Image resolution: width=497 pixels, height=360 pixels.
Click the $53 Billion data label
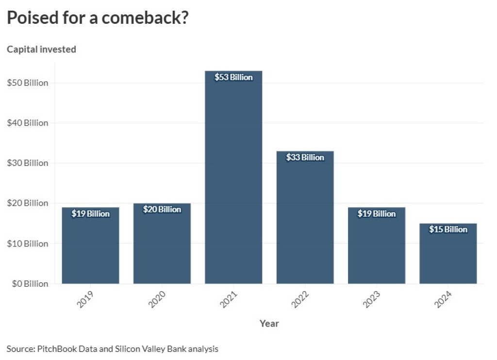click(233, 77)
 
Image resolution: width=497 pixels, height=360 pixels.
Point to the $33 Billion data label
click(305, 157)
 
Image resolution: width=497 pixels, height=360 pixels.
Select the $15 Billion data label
click(448, 229)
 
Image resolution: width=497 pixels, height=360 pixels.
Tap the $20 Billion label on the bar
click(162, 210)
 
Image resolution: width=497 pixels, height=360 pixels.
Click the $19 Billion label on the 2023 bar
click(377, 213)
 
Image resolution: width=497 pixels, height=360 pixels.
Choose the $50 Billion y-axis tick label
click(28, 83)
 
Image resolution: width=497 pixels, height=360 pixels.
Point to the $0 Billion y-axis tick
click(28, 283)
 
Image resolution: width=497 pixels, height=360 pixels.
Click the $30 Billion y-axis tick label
click(28, 163)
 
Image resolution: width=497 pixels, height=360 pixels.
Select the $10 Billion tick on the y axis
click(28, 244)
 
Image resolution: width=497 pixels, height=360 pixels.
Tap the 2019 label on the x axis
click(85, 300)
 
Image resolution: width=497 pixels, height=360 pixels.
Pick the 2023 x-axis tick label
click(372, 300)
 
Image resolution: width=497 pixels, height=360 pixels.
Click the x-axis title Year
click(269, 323)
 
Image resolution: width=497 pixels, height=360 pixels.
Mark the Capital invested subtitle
click(41, 49)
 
